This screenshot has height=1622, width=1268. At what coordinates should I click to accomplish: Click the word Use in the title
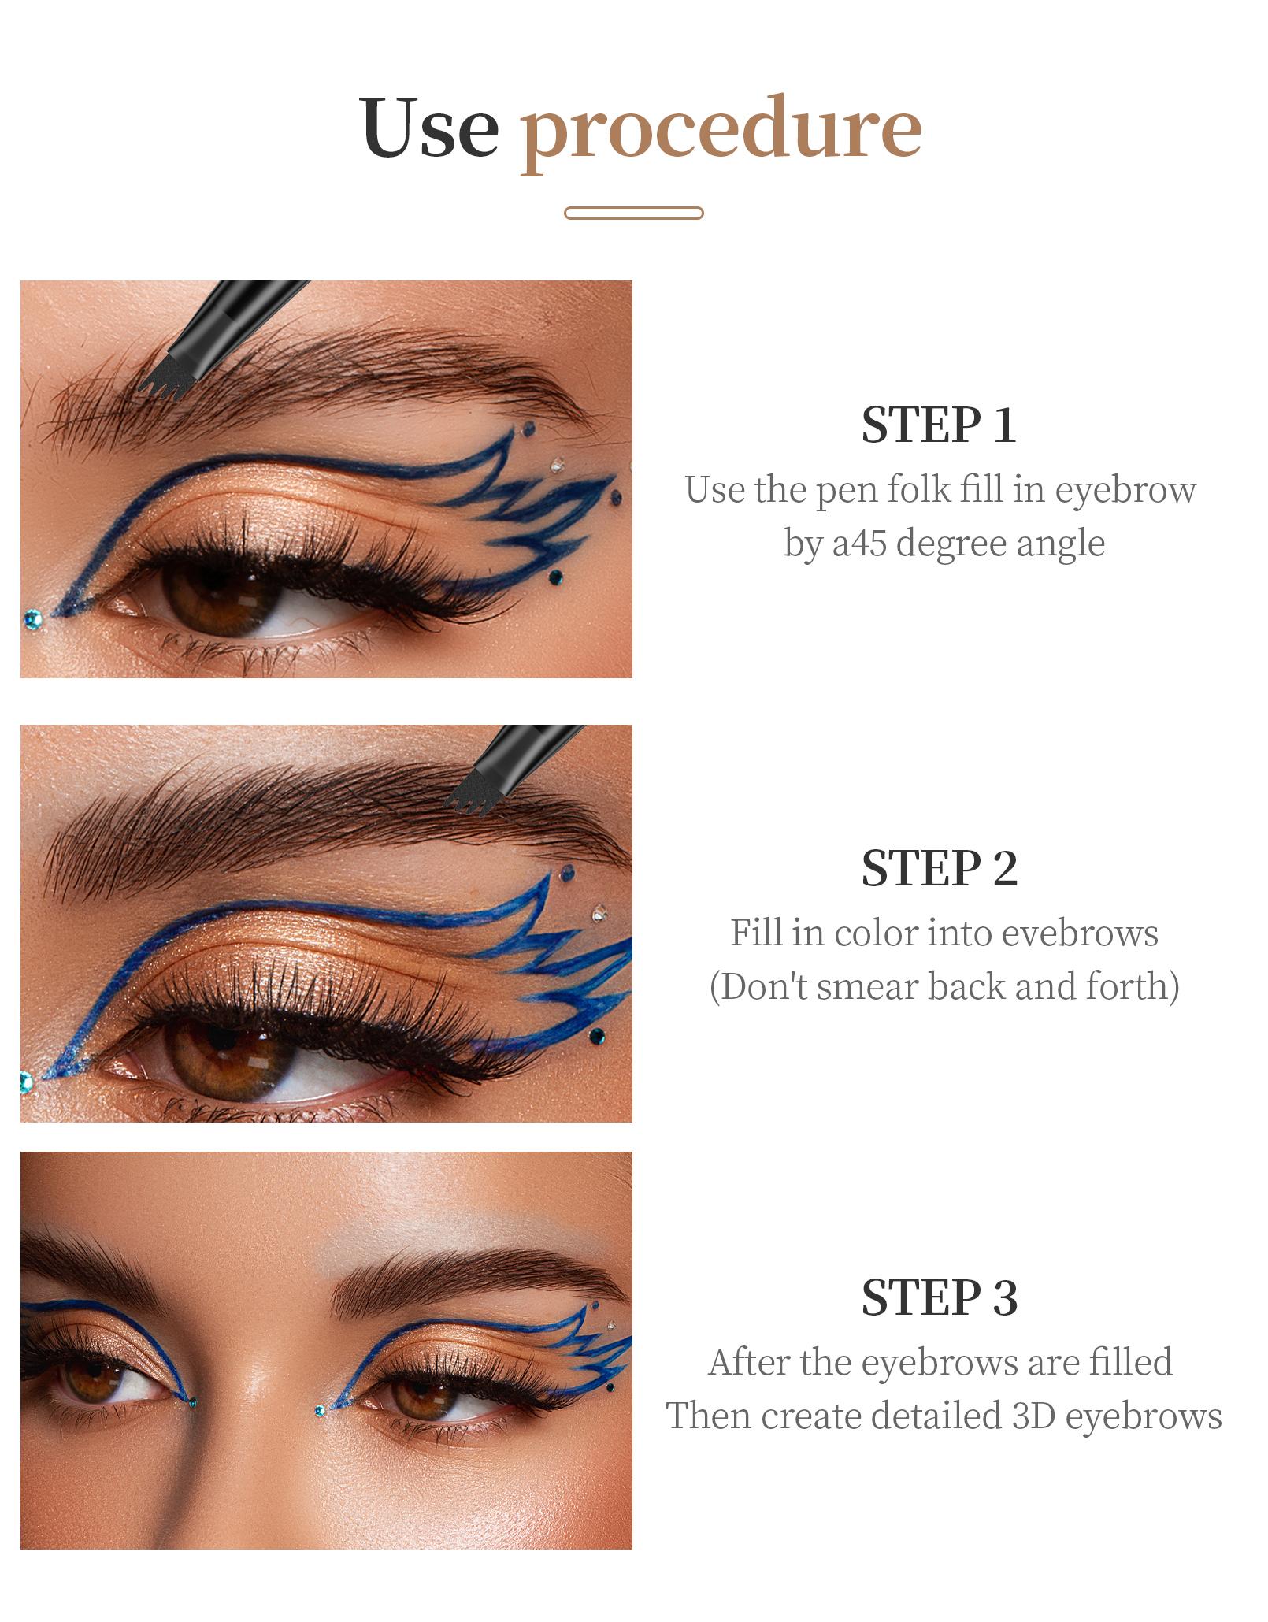click(429, 128)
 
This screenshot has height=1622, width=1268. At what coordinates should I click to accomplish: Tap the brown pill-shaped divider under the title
click(634, 213)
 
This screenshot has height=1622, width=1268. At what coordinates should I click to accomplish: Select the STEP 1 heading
click(939, 425)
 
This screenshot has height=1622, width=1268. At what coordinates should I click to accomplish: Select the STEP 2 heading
click(939, 869)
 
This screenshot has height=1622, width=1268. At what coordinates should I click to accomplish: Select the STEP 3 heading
click(939, 1297)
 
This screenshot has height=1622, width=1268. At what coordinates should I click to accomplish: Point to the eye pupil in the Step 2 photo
click(223, 1052)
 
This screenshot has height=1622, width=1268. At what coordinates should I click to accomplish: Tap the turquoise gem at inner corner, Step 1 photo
click(32, 617)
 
